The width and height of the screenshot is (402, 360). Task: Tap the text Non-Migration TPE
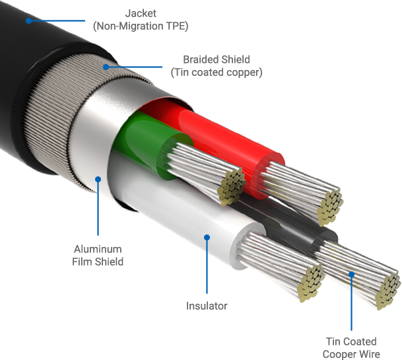click(x=141, y=26)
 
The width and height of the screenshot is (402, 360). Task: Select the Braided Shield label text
click(x=216, y=60)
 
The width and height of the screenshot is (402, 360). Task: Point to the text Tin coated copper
click(x=216, y=72)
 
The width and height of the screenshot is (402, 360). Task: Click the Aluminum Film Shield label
click(x=98, y=255)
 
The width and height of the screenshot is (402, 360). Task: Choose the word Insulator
click(x=207, y=306)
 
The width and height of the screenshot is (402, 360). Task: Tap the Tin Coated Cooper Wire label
click(x=351, y=347)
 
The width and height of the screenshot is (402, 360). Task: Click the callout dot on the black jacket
click(x=29, y=20)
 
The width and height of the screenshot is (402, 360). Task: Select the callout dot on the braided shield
click(x=106, y=66)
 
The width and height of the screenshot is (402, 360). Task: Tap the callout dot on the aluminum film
click(x=98, y=178)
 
